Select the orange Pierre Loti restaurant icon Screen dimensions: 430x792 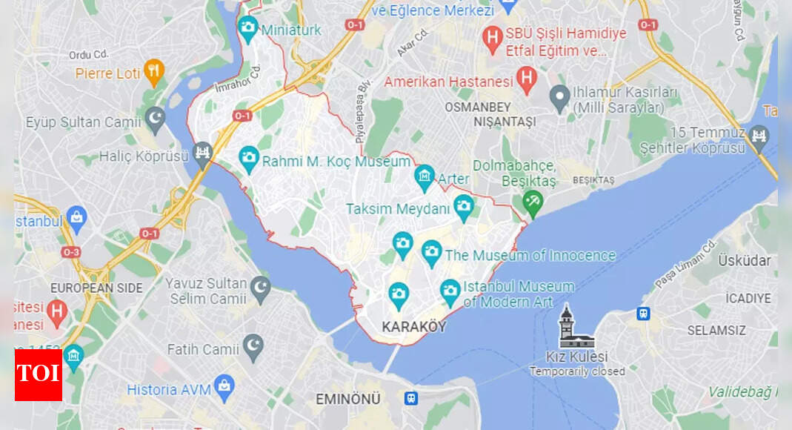(154, 71)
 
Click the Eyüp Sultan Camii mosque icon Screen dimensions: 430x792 (155, 119)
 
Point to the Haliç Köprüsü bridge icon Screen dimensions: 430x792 (202, 153)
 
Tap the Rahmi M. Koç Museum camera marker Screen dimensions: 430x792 (249, 158)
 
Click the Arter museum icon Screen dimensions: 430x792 (425, 176)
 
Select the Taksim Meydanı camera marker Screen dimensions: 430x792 (464, 207)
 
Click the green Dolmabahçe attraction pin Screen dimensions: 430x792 (532, 199)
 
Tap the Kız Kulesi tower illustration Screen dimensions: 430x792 (576, 328)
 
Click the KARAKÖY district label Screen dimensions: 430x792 (414, 326)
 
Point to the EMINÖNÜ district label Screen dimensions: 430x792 (347, 399)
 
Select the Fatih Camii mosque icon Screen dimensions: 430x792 (254, 345)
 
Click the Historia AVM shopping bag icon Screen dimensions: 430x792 (224, 386)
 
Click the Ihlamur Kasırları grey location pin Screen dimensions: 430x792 (559, 96)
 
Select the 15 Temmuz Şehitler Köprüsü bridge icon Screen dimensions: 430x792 (759, 136)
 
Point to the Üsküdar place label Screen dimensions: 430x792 (744, 260)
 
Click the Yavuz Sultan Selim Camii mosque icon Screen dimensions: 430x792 (260, 288)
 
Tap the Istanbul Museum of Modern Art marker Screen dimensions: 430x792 (450, 291)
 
